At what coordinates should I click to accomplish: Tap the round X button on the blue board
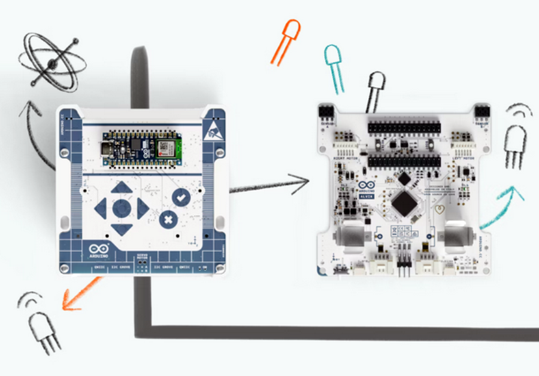coord(169,220)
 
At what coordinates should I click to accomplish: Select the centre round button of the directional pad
coord(122,208)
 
